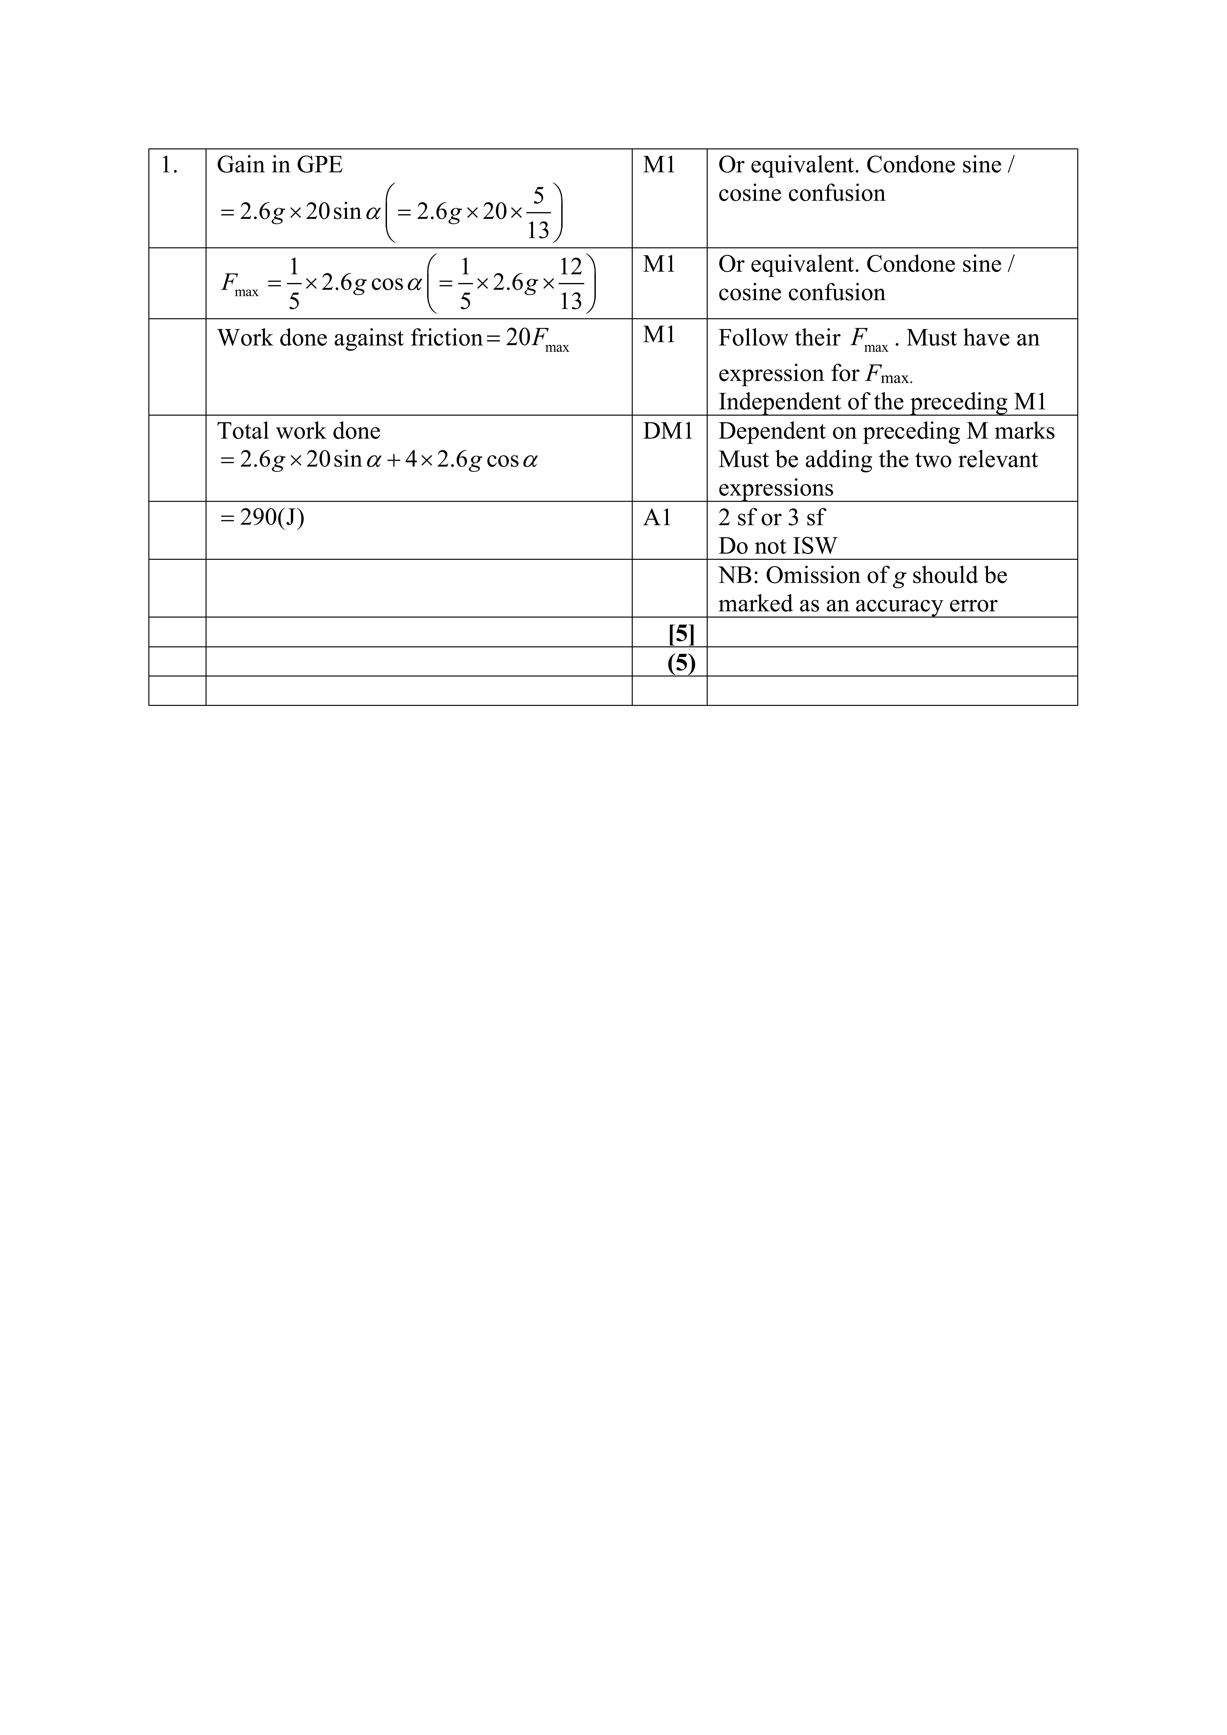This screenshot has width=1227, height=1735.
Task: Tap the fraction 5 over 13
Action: tap(538, 213)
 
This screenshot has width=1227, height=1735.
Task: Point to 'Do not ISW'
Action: tap(777, 546)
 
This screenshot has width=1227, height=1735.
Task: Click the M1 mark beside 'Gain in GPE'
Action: tap(659, 165)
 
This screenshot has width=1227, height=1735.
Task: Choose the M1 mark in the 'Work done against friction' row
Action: tap(659, 335)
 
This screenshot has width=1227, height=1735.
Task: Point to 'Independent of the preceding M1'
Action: tap(882, 402)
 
